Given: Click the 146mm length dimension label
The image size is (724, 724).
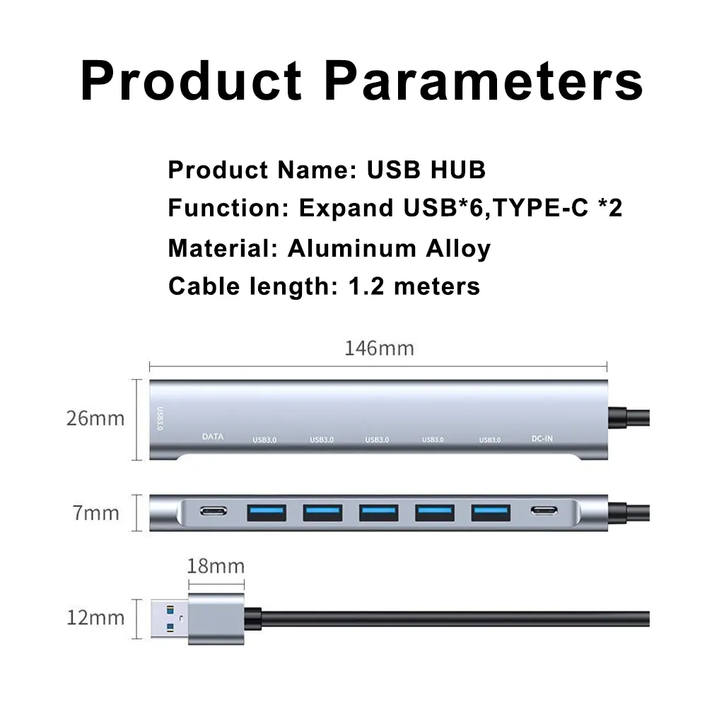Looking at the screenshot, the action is click(379, 348).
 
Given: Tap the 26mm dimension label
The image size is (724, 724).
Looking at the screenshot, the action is click(95, 419).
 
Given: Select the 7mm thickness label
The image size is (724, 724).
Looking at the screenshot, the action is click(95, 513).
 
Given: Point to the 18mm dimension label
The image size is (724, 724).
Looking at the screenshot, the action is click(216, 566).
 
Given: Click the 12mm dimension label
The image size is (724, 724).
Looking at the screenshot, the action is click(95, 618).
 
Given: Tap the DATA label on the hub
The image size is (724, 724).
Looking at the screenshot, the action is click(213, 436).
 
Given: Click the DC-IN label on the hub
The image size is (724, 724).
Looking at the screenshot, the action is click(542, 438).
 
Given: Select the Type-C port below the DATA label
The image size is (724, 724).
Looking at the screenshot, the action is click(214, 511).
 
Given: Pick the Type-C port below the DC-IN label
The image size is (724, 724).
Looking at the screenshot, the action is click(544, 510).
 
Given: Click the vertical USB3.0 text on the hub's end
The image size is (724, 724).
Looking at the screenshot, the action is click(160, 419).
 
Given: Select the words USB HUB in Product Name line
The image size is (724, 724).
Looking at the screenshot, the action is click(426, 170).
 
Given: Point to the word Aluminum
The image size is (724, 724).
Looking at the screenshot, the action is click(352, 248).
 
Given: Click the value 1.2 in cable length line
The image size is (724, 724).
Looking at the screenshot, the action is click(366, 286).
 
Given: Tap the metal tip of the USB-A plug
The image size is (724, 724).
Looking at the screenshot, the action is click(170, 619).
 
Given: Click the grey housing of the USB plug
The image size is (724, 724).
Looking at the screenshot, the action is click(216, 619).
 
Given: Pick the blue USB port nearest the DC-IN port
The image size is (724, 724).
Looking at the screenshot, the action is click(491, 513).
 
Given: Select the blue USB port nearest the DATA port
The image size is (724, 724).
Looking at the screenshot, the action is click(267, 513).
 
